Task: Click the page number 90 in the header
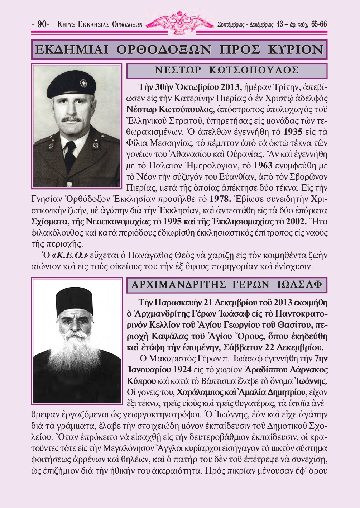pyautogui.click(x=42, y=24)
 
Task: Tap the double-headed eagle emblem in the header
pyautogui.click(x=180, y=23)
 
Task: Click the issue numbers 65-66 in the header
pyautogui.click(x=319, y=24)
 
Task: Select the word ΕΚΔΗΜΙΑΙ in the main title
pyautogui.click(x=71, y=50)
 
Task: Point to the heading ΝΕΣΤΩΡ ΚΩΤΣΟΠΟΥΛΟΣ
pyautogui.click(x=227, y=71)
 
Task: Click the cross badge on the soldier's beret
pyautogui.click(x=83, y=84)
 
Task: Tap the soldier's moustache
pyautogui.click(x=71, y=119)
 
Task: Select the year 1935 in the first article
pyautogui.click(x=293, y=132)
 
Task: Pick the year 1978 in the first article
pyautogui.click(x=219, y=199)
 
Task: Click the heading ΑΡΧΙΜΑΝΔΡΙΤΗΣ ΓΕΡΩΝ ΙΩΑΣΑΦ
pyautogui.click(x=227, y=285)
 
